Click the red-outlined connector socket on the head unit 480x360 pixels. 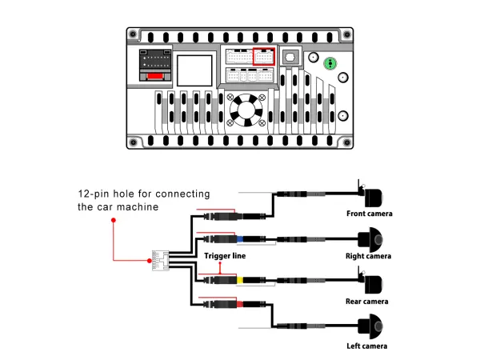coord(263,57)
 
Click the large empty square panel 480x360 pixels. coord(194,70)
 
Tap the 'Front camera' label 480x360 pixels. coord(370,214)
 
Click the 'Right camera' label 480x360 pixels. coord(369,256)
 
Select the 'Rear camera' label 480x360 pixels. coord(367,302)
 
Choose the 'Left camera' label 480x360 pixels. coord(367,346)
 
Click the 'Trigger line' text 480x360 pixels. coord(225,256)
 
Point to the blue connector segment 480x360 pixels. coord(239,238)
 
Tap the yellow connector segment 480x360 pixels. coord(239,281)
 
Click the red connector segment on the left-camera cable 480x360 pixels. coord(238,304)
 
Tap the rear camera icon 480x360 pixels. coord(372,283)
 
